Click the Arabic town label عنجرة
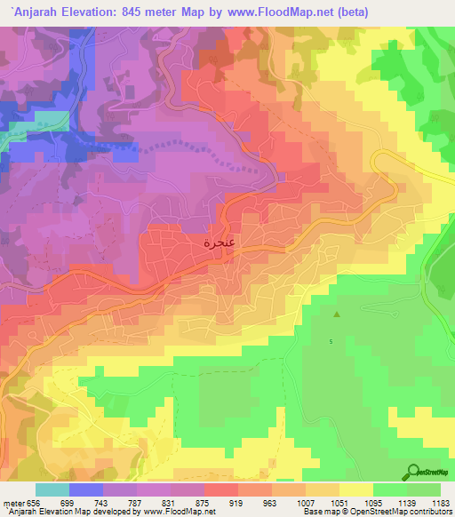click(x=220, y=241)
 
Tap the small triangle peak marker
click(x=336, y=314)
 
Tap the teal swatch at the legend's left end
click(x=51, y=489)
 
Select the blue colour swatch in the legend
click(x=86, y=489)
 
